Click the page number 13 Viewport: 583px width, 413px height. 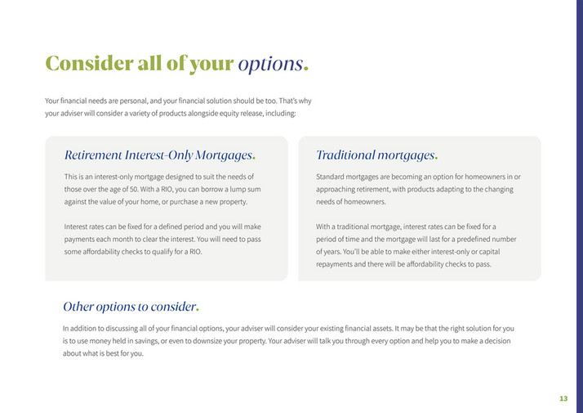(x=563, y=398)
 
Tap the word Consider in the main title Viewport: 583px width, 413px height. (x=87, y=63)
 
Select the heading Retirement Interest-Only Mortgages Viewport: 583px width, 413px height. (x=158, y=155)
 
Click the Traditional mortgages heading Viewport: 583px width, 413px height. (x=375, y=155)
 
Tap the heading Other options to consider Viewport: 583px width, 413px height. (x=129, y=307)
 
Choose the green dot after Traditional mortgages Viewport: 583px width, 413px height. (x=436, y=158)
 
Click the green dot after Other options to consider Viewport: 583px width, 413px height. (x=198, y=310)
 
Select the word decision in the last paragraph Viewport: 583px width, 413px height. (x=497, y=341)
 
